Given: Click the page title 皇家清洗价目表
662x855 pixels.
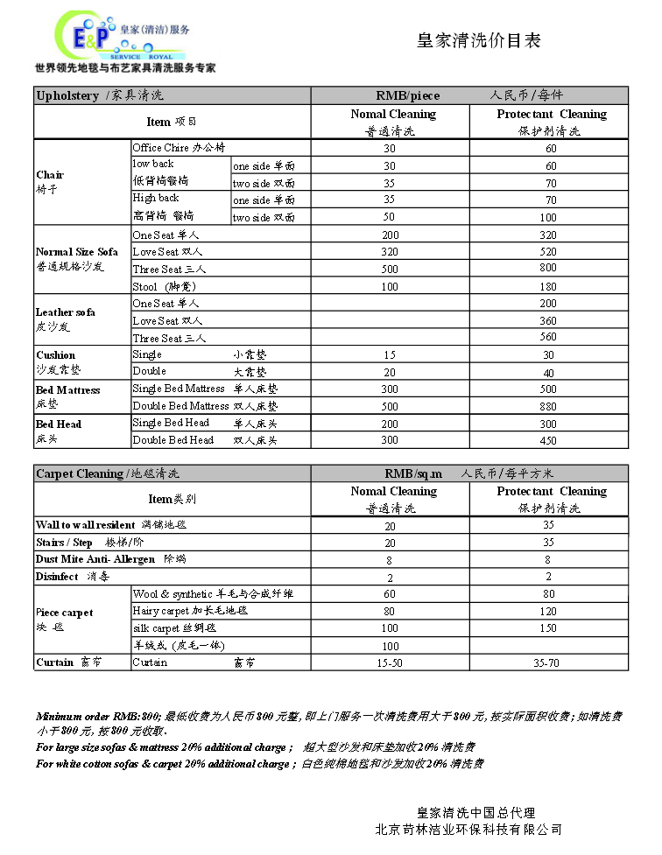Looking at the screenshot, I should coord(478,40).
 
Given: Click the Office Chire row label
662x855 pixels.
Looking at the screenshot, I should coord(179,148).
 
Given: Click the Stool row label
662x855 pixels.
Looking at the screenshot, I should coord(158,286).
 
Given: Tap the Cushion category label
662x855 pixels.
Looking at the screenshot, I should coord(55,355).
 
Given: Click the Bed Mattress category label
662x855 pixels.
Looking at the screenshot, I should coord(67,390).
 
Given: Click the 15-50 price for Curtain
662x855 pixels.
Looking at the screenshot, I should coord(390,663).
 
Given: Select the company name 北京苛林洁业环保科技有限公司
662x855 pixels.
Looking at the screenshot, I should coord(468,829).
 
